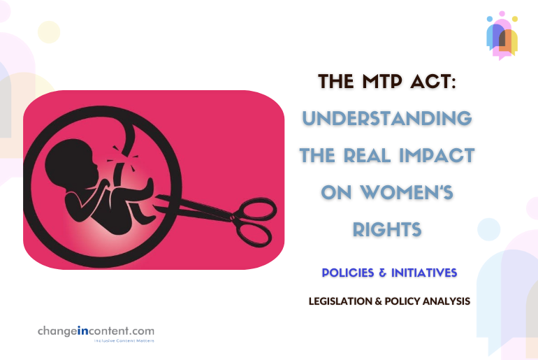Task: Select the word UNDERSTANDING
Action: (x=387, y=118)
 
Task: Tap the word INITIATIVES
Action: (x=423, y=271)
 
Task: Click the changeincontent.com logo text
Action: (x=96, y=331)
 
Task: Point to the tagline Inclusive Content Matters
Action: (x=124, y=341)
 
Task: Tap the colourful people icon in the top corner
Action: (x=502, y=35)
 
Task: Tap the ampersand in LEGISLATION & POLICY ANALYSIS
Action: (x=373, y=301)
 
